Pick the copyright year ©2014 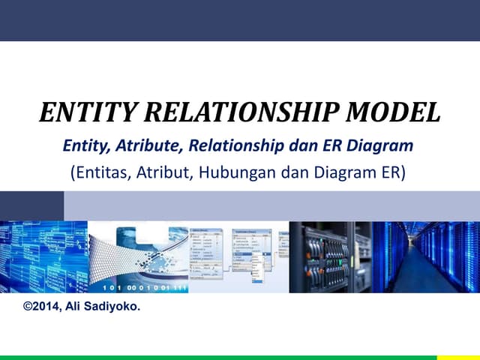(44, 306)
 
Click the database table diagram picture (238, 256)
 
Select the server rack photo (330, 256)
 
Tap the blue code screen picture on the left (43, 256)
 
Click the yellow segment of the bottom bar (458, 357)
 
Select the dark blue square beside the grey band (31, 205)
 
